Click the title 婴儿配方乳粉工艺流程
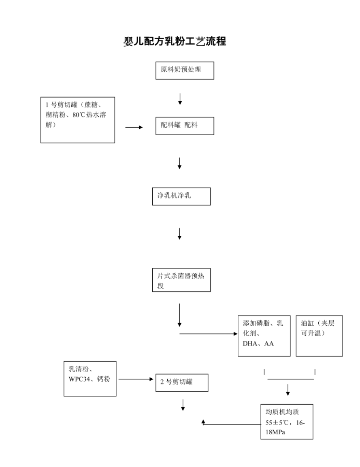175,41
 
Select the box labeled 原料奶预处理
185,70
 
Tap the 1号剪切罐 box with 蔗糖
78,119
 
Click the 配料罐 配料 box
185,126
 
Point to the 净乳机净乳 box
181,196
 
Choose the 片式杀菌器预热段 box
181,280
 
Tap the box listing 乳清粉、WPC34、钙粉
90,379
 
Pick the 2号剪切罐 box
182,383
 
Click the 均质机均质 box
287,421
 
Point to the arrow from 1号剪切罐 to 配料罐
134,127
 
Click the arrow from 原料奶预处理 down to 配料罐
180,98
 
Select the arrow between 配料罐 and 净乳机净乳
180,163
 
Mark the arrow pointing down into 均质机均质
288,389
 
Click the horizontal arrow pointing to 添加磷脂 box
208,334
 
